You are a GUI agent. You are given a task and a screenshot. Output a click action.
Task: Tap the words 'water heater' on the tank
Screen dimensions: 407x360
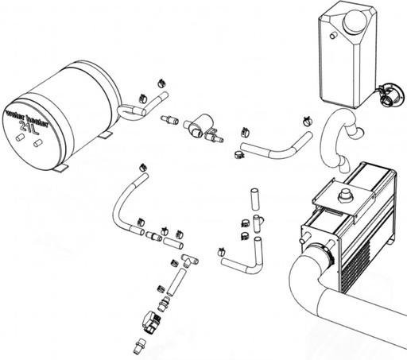(x=27, y=117)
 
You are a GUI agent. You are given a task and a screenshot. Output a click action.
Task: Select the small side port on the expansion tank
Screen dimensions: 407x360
(x=333, y=35)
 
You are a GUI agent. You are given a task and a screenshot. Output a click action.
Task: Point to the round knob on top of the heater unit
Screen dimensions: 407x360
(x=344, y=196)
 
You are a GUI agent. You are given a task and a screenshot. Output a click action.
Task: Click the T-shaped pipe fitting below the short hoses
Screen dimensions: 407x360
(x=190, y=261)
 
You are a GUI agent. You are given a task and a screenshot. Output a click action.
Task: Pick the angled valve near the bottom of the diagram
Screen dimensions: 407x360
(x=149, y=322)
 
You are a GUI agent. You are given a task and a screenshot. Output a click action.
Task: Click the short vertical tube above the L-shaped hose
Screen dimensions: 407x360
(x=254, y=199)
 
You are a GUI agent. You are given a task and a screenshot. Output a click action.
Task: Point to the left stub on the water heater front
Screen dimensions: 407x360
(x=20, y=137)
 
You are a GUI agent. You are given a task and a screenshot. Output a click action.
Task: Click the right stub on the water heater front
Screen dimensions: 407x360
(x=37, y=142)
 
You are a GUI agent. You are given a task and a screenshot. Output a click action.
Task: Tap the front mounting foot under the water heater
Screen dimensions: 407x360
(x=61, y=168)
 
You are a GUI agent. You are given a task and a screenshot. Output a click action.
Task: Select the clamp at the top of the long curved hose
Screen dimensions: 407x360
(x=144, y=168)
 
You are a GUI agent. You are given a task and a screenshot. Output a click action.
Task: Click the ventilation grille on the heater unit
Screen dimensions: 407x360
(x=356, y=265)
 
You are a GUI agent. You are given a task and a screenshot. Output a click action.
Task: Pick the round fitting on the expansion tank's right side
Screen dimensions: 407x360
(x=392, y=95)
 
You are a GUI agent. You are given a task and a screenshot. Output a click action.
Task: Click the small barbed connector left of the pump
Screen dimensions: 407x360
(x=169, y=120)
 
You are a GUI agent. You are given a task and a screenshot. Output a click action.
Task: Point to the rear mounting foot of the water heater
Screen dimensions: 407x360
(x=106, y=136)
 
